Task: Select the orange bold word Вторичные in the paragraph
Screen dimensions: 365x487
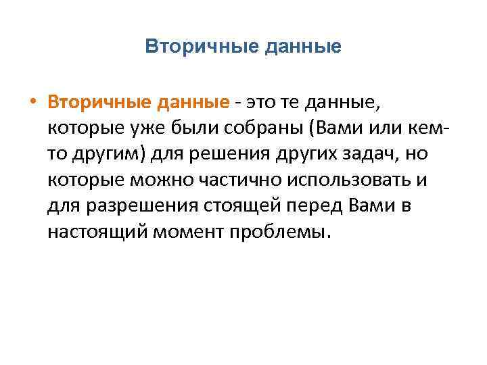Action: pyautogui.click(x=99, y=102)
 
